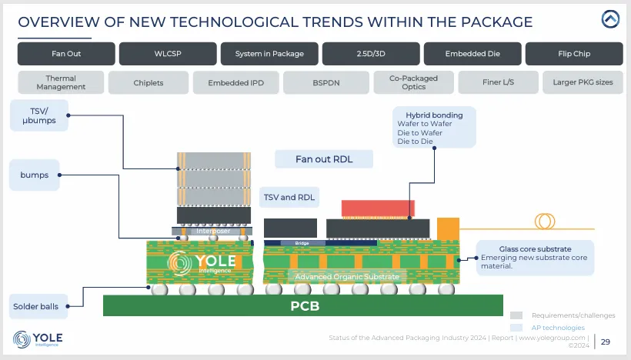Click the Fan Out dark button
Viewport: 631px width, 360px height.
pyautogui.click(x=66, y=54)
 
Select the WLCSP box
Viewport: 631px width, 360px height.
pyautogui.click(x=166, y=54)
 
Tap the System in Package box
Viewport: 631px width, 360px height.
pyautogui.click(x=268, y=54)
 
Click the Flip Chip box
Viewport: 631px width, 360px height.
pyautogui.click(x=573, y=54)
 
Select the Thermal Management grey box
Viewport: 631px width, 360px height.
pyautogui.click(x=61, y=82)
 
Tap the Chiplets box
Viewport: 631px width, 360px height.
pyautogui.click(x=148, y=82)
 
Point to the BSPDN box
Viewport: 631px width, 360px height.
pyautogui.click(x=323, y=82)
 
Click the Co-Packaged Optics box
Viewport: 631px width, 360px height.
pyautogui.click(x=414, y=82)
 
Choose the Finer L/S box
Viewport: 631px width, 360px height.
pyautogui.click(x=498, y=82)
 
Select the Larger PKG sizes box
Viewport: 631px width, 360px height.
pyautogui.click(x=583, y=82)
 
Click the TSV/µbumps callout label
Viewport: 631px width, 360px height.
pyautogui.click(x=34, y=116)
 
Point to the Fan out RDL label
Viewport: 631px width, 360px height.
pyautogui.click(x=324, y=159)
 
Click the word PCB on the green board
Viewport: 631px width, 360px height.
pyautogui.click(x=304, y=306)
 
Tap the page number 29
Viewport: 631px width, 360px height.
pyautogui.click(x=606, y=342)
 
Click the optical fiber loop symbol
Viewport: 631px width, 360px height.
pyautogui.click(x=546, y=221)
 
